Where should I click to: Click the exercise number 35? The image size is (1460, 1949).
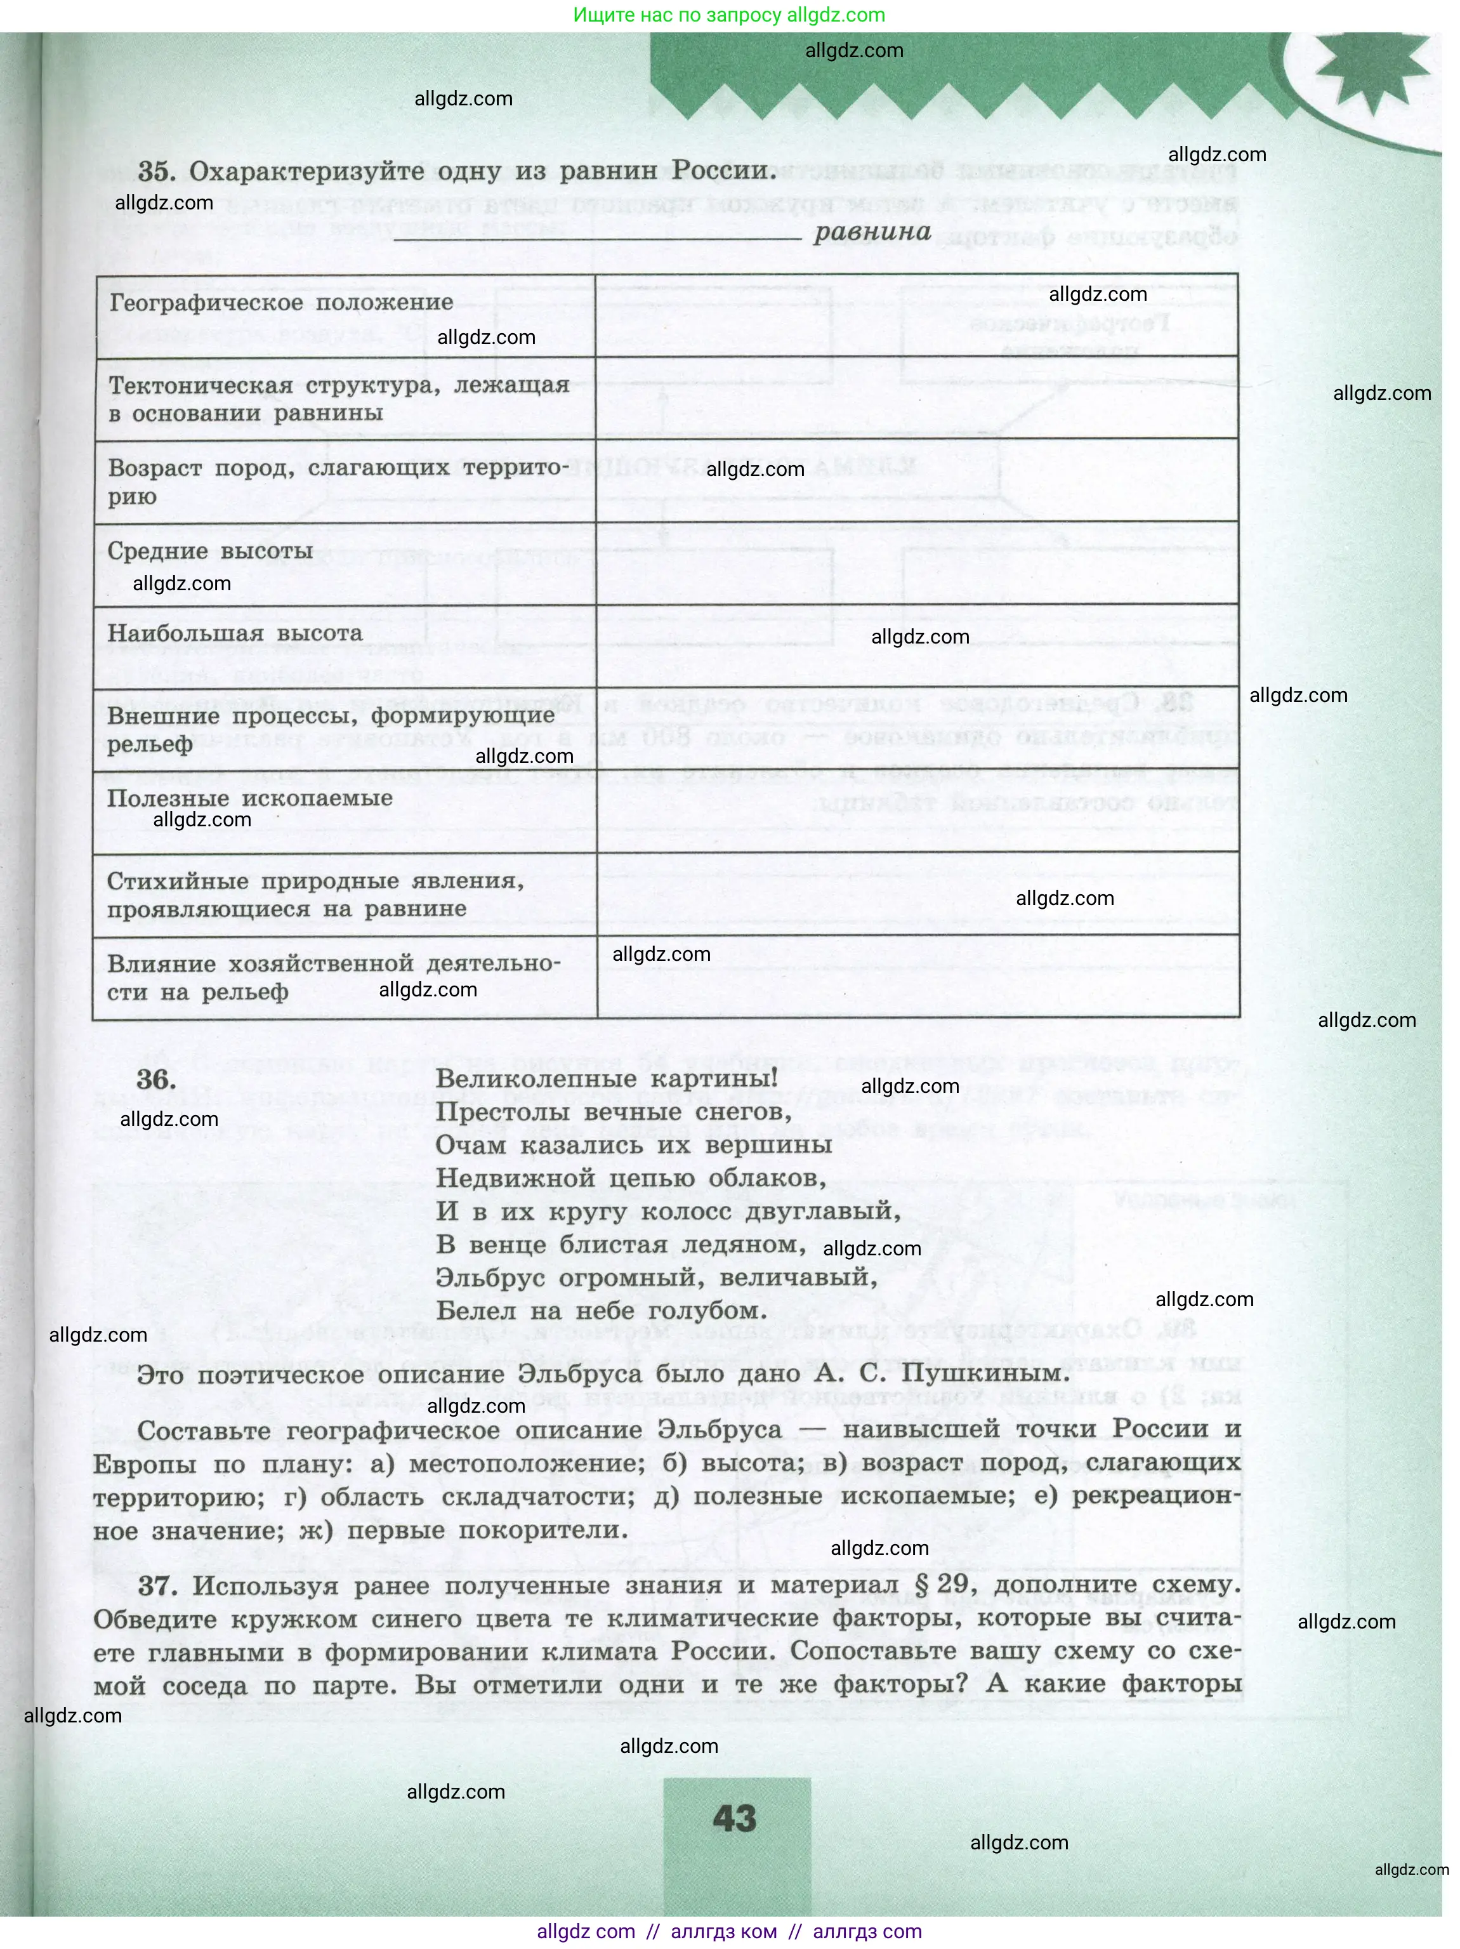point(156,172)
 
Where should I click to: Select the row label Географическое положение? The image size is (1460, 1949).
point(280,302)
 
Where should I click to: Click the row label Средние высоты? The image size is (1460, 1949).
point(209,552)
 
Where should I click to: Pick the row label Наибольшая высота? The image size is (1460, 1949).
point(234,633)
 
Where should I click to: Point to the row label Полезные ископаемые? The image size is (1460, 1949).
point(249,798)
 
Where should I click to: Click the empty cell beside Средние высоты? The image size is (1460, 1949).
point(916,564)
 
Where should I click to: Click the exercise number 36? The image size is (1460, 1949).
point(156,1080)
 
